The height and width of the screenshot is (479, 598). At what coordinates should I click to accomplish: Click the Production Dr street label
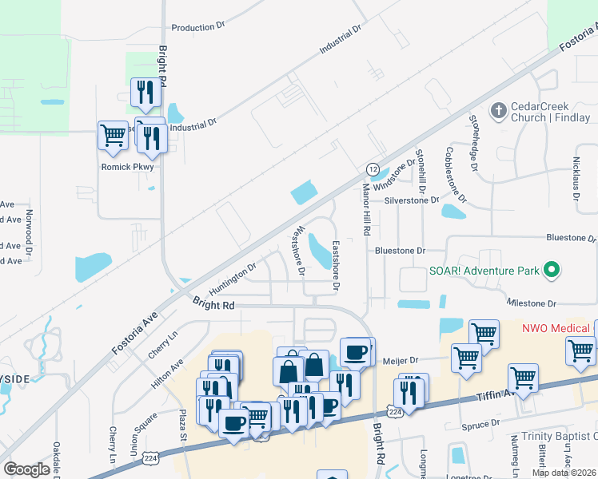click(198, 27)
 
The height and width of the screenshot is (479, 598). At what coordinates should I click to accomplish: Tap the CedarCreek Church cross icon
click(498, 111)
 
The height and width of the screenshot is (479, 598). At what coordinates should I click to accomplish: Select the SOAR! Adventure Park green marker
click(551, 271)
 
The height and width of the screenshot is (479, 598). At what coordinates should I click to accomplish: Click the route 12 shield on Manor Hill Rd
click(373, 169)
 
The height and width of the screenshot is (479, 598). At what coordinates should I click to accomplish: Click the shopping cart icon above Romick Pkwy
click(113, 136)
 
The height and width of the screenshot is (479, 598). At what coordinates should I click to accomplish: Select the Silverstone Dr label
click(412, 201)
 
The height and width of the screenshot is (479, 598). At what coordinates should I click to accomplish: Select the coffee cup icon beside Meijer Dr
click(355, 351)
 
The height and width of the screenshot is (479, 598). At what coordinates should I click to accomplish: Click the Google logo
click(26, 469)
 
